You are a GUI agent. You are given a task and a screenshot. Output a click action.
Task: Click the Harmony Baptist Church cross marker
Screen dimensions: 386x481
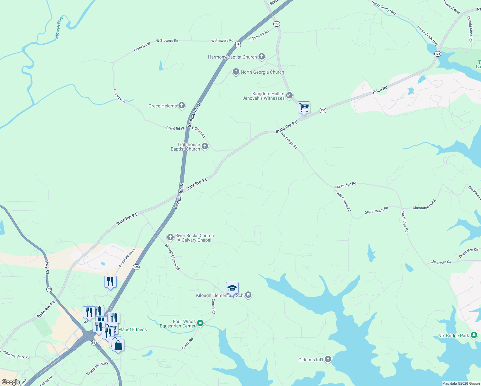point(262,57)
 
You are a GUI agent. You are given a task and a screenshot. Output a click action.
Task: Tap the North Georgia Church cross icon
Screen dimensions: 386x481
point(236,72)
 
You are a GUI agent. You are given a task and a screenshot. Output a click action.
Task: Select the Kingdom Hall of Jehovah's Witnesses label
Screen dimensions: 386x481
point(264,96)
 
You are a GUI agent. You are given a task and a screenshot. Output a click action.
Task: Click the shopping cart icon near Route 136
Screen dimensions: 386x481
point(304,107)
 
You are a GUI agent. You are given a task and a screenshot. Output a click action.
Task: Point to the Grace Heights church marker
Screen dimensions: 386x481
point(182,106)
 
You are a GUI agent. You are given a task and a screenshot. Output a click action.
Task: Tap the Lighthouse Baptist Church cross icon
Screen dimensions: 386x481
point(204,146)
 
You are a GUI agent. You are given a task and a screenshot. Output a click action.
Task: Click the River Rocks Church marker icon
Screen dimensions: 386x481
point(170,237)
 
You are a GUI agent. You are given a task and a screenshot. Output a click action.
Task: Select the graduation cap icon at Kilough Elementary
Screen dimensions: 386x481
point(232,288)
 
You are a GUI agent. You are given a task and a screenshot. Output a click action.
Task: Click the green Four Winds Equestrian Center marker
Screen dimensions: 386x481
point(200,323)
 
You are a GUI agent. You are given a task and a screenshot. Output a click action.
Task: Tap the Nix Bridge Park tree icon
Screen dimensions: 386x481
point(474,335)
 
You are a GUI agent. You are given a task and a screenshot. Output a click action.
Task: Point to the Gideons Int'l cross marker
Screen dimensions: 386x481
point(328,359)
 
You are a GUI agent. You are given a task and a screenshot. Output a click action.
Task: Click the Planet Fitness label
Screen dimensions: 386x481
point(132,329)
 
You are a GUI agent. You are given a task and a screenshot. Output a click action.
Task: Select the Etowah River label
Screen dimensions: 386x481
point(59,27)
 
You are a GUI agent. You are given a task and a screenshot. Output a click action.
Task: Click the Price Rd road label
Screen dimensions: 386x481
point(380,90)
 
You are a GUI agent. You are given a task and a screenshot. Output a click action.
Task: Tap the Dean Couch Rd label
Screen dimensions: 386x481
point(376,210)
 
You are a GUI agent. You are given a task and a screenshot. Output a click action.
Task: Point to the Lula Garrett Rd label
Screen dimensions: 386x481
point(344,201)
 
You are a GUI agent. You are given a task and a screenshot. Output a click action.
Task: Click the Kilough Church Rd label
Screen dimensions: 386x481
point(172,257)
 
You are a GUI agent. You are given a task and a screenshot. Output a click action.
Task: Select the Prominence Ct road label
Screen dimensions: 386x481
point(127,258)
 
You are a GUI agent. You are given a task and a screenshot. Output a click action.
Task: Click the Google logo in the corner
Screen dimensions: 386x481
point(11,382)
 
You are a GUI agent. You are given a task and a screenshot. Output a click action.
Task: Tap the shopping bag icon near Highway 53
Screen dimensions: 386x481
point(118,345)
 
